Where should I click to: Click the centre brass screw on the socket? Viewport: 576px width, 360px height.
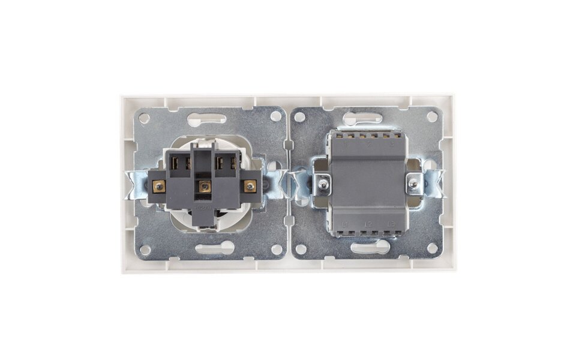click(204, 187)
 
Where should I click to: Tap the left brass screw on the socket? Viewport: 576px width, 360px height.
click(159, 186)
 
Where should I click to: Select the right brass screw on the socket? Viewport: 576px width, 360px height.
click(249, 186)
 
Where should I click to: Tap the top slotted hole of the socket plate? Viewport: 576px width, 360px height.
click(207, 119)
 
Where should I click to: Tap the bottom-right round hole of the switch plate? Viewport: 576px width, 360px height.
click(431, 247)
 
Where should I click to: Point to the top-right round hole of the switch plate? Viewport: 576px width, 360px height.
click(431, 116)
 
